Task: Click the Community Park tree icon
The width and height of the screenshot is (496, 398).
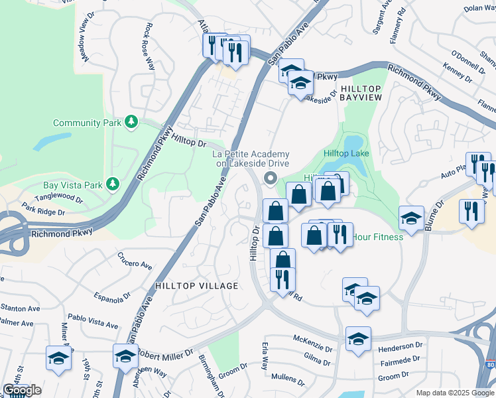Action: pyautogui.click(x=132, y=122)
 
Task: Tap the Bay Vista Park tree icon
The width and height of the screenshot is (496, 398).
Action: pyautogui.click(x=113, y=184)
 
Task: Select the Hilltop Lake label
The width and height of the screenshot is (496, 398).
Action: pyautogui.click(x=345, y=154)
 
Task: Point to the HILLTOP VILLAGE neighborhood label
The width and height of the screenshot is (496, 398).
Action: pyautogui.click(x=196, y=285)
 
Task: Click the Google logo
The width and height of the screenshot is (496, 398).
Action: pyautogui.click(x=22, y=390)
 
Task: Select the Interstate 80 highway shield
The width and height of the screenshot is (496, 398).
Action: pyautogui.click(x=490, y=384)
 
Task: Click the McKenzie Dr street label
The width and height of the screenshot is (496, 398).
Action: pyautogui.click(x=313, y=342)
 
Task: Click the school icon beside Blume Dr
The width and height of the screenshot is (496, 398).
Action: pyautogui.click(x=411, y=218)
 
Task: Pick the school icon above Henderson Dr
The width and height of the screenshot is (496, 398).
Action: pyautogui.click(x=358, y=338)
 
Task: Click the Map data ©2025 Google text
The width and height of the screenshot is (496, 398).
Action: pyautogui.click(x=454, y=393)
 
